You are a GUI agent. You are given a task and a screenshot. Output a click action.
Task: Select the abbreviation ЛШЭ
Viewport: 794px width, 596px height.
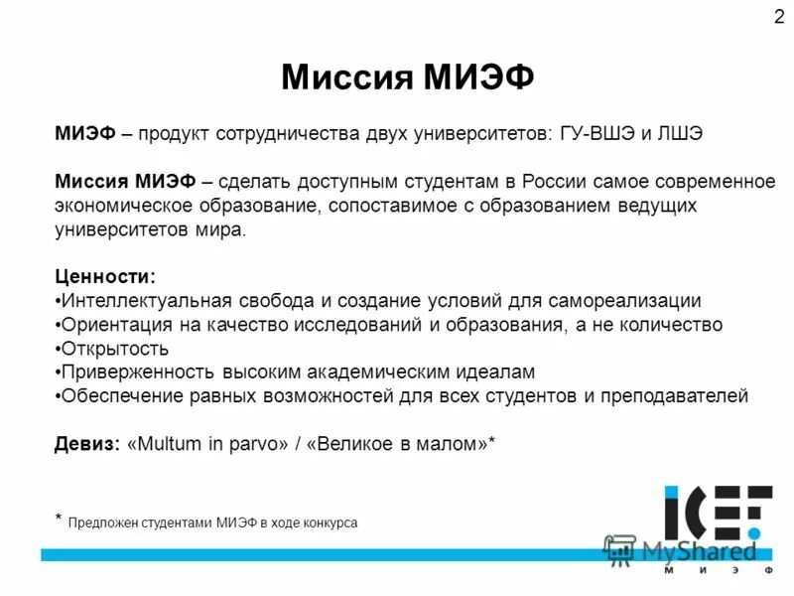pyautogui.click(x=682, y=135)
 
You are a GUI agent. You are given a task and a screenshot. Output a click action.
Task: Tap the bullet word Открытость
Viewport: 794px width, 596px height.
pyautogui.click(x=114, y=349)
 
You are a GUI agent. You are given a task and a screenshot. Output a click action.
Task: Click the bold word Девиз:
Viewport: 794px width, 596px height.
pyautogui.click(x=87, y=445)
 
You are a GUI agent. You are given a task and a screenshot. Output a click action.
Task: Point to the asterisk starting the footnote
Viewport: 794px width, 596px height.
pyautogui.click(x=59, y=518)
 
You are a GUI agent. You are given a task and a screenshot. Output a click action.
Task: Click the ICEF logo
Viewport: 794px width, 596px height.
pyautogui.click(x=717, y=513)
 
